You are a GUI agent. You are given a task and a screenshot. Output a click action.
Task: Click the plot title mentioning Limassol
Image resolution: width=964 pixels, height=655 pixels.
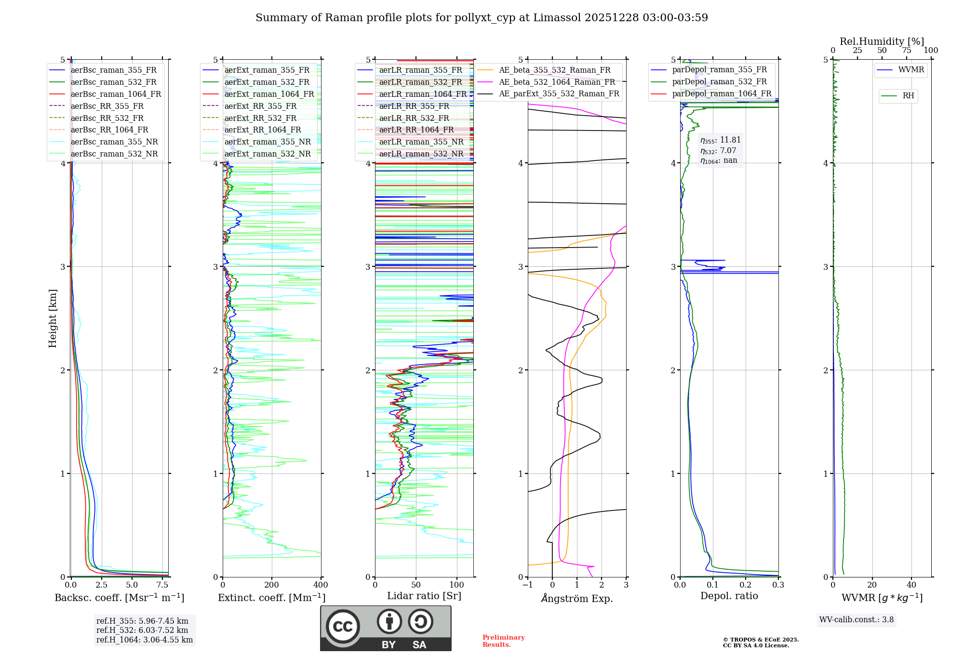[x=482, y=18]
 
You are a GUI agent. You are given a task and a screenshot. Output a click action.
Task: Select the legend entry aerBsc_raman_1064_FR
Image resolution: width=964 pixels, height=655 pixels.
[x=116, y=94]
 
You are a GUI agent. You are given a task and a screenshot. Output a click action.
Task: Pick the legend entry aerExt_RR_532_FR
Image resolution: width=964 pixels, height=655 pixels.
[x=260, y=118]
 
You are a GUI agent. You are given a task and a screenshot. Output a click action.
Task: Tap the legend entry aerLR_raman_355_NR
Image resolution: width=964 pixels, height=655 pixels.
[x=421, y=142]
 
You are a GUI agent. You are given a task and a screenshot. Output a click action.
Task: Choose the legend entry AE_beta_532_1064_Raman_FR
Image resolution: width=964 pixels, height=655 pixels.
[x=557, y=82]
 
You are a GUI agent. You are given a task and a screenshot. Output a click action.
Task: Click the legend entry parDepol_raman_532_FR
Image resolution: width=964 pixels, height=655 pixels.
[x=719, y=82]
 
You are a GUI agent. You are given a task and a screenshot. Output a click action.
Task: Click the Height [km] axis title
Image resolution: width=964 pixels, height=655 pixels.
[x=53, y=318]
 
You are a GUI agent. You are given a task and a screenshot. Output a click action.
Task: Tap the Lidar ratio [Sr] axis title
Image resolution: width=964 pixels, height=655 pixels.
[x=424, y=596]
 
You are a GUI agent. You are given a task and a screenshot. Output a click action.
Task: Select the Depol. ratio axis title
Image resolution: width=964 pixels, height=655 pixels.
[x=729, y=596]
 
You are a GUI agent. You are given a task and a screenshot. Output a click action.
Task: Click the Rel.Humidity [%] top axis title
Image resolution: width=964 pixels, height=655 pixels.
[x=882, y=41]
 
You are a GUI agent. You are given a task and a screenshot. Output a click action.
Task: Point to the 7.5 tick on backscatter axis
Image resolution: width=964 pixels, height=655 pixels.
[x=162, y=585]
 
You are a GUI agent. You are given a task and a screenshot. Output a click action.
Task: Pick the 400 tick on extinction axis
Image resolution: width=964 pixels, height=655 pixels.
[x=321, y=585]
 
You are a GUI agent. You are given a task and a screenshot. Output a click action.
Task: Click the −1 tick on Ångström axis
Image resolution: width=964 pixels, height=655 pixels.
[x=528, y=585]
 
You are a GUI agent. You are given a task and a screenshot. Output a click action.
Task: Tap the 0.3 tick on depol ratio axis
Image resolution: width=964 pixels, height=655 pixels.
[x=778, y=585]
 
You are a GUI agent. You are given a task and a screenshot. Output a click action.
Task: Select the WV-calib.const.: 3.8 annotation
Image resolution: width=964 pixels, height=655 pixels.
[x=857, y=620]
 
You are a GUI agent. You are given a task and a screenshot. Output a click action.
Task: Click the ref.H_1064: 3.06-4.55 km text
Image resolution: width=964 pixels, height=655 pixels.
[x=145, y=640]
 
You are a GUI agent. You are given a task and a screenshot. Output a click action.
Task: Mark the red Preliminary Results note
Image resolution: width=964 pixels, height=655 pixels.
[x=503, y=641]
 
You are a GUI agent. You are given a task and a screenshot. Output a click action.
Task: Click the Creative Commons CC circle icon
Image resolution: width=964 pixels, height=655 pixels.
[x=343, y=626]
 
